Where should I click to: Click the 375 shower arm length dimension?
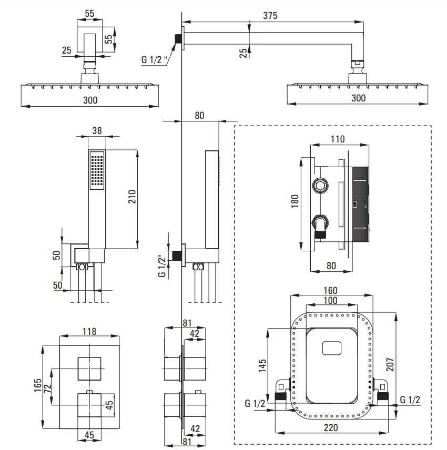[270, 15]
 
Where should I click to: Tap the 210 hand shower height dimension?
[132, 197]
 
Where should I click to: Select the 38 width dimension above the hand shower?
[97, 131]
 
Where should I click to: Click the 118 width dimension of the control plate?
[89, 332]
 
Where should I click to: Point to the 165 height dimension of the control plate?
[38, 385]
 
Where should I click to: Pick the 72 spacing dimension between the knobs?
[48, 388]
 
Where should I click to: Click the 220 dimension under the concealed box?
[331, 428]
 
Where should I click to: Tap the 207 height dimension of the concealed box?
[390, 364]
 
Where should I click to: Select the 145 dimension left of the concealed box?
[262, 366]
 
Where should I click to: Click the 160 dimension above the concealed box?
[330, 290]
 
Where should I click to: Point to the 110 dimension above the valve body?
[338, 139]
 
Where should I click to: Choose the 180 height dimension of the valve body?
[295, 201]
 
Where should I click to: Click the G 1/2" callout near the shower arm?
[154, 60]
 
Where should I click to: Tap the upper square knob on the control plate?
[89, 369]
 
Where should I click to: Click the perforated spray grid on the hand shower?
[97, 170]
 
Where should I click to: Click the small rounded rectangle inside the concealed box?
[332, 348]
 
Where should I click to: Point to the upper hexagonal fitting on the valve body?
[320, 185]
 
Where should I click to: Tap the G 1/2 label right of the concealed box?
[410, 400]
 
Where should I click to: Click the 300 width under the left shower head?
[90, 100]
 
